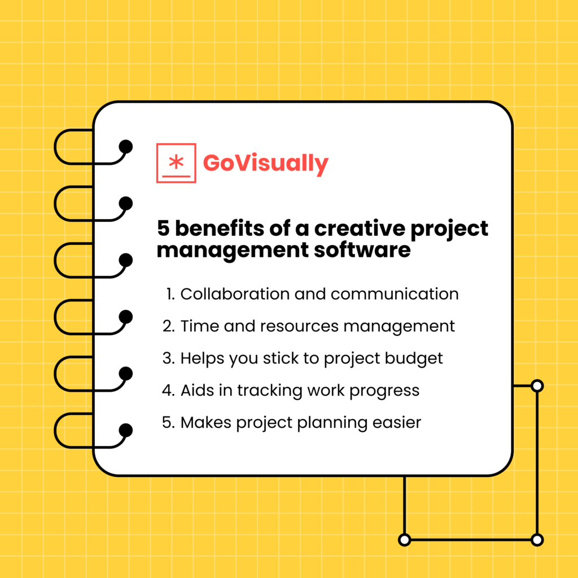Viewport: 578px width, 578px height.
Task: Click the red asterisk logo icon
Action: (x=176, y=163)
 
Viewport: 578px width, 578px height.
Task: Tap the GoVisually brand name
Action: (x=265, y=163)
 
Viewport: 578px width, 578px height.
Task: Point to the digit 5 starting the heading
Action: (x=163, y=229)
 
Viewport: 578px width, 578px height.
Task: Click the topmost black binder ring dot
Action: (x=126, y=147)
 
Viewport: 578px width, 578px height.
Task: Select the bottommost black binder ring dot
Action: (x=126, y=431)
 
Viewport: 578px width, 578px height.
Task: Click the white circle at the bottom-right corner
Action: (x=537, y=540)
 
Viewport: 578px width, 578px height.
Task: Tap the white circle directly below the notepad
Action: (x=404, y=540)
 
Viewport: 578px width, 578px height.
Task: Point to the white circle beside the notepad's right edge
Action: (x=537, y=386)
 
